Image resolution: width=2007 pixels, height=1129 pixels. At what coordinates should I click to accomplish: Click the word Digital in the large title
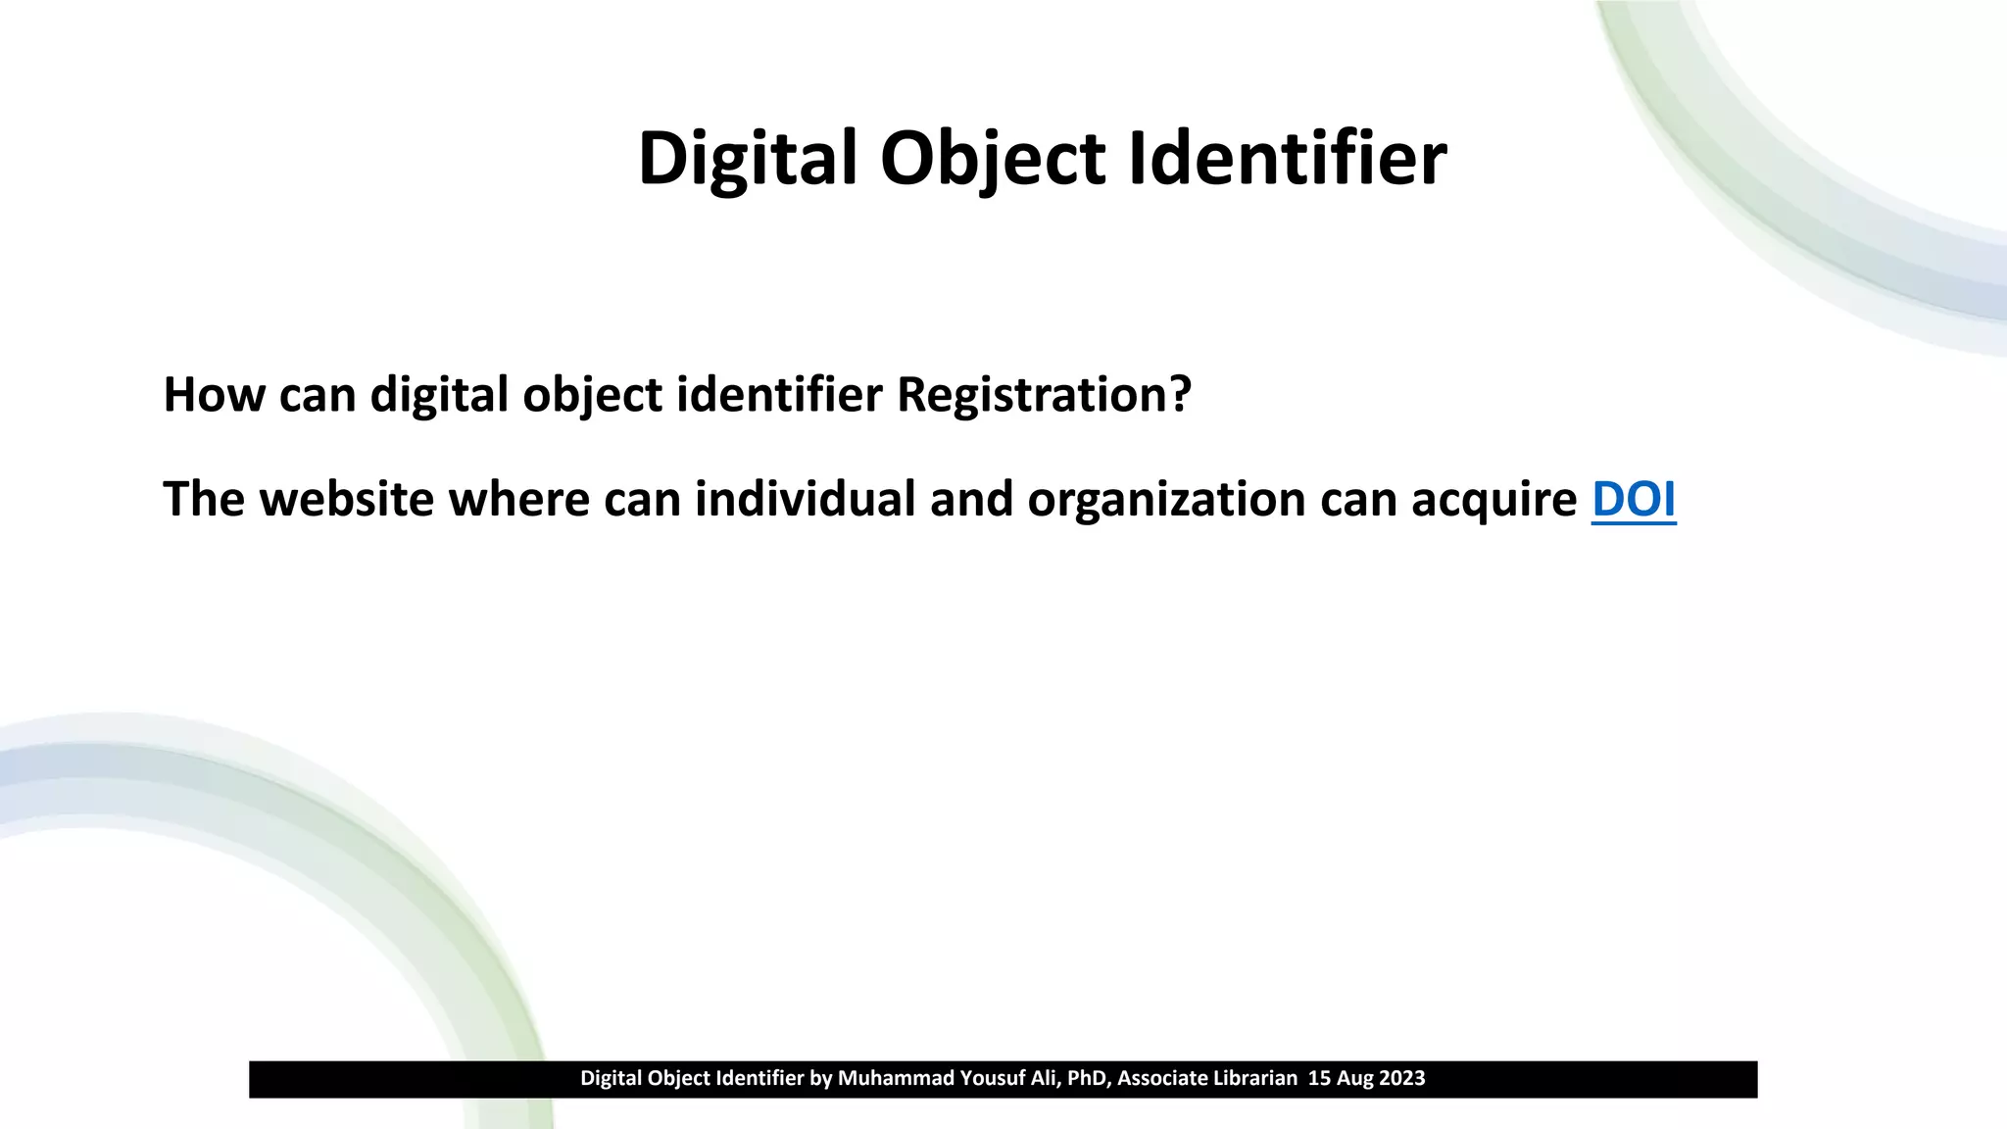pos(748,159)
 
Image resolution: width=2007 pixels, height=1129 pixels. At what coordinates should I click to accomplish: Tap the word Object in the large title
pos(992,159)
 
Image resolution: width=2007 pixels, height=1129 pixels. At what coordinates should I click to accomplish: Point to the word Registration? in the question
pos(1044,395)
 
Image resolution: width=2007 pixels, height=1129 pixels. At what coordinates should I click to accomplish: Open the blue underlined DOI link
pos(1634,499)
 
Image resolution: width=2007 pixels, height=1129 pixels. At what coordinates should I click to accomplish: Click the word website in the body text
pos(347,499)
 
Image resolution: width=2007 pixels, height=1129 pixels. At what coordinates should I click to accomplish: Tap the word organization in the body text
pos(1166,499)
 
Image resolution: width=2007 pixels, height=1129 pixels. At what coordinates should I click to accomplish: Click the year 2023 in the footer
pos(1402,1079)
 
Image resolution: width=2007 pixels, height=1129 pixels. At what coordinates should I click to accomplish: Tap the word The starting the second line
pos(203,499)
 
